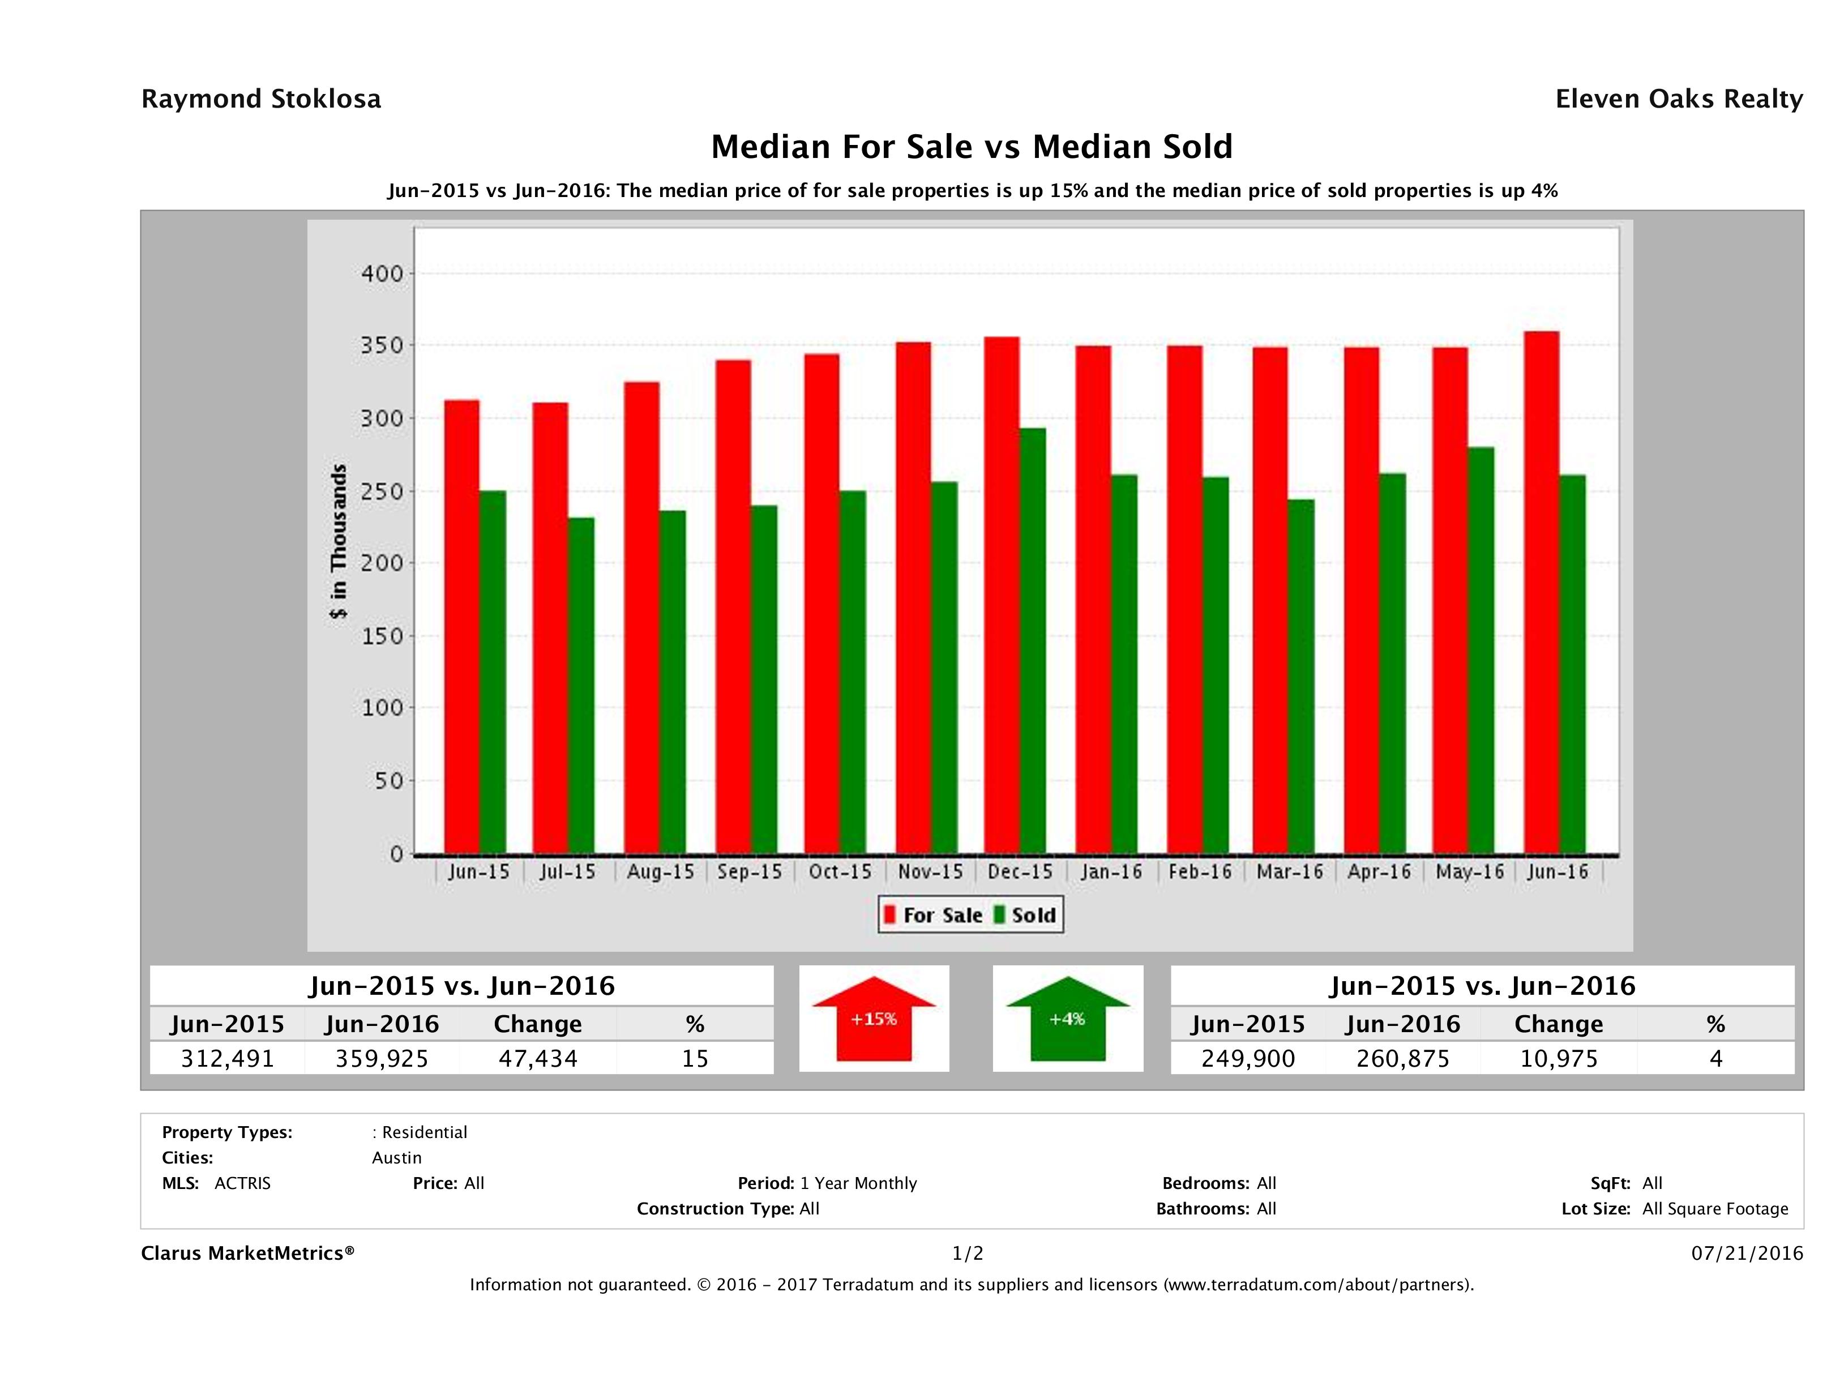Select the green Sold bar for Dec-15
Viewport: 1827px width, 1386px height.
point(1032,640)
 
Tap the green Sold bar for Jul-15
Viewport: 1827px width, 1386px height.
point(581,686)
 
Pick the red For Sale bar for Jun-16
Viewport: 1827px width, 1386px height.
point(1541,592)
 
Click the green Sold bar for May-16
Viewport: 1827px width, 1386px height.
point(1481,649)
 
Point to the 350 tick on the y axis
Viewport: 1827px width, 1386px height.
point(382,345)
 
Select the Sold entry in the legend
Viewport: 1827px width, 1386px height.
point(1025,915)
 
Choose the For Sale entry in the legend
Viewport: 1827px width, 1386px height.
point(934,915)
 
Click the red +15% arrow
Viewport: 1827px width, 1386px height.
point(874,1019)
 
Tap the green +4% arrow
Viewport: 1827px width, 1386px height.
point(1067,1019)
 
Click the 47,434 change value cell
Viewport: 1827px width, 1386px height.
point(538,1058)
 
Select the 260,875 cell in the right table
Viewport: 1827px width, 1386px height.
point(1402,1058)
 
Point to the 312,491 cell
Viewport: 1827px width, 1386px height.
point(227,1058)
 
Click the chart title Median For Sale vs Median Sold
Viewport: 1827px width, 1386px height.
point(972,147)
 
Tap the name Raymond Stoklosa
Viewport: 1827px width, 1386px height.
point(261,99)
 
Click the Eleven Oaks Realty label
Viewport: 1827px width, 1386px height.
point(1678,99)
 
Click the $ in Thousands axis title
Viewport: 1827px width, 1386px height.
point(339,541)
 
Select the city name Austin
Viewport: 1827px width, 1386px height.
point(396,1158)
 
